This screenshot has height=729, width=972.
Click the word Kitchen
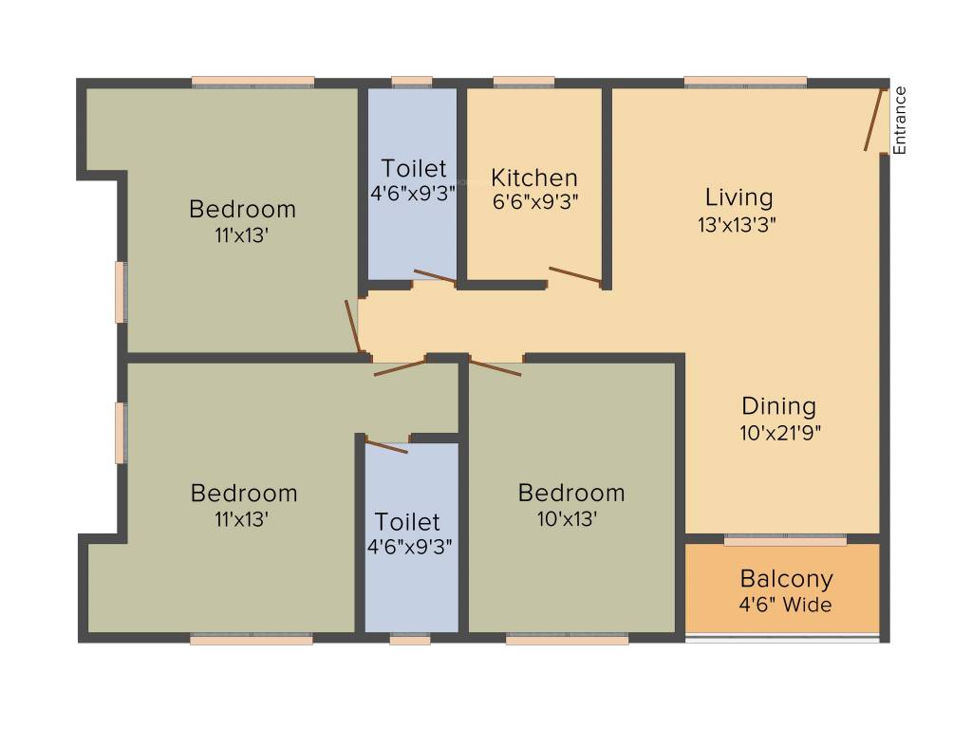[533, 178]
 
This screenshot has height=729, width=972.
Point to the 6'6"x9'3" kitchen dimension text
[533, 201]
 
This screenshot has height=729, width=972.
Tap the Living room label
[738, 197]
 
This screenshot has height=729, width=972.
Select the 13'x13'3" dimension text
[738, 225]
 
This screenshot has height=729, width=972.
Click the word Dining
[778, 406]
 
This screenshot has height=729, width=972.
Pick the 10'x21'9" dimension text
[778, 433]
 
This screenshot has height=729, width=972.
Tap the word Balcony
[786, 578]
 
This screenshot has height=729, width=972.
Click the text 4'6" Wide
[786, 604]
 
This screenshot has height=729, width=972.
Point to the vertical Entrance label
[900, 120]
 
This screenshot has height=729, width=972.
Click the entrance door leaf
[873, 120]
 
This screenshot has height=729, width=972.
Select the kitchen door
[575, 274]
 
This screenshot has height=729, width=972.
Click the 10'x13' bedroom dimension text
[570, 519]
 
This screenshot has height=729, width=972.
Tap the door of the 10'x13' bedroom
[495, 367]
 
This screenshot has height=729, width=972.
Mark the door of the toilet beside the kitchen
[435, 276]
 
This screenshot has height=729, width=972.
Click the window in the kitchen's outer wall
[524, 83]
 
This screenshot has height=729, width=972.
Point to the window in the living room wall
[745, 83]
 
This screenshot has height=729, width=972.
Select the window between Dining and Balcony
[785, 540]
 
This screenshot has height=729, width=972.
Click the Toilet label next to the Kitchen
[413, 169]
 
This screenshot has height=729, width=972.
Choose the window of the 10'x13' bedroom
[567, 640]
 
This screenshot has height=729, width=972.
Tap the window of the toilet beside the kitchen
[412, 83]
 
